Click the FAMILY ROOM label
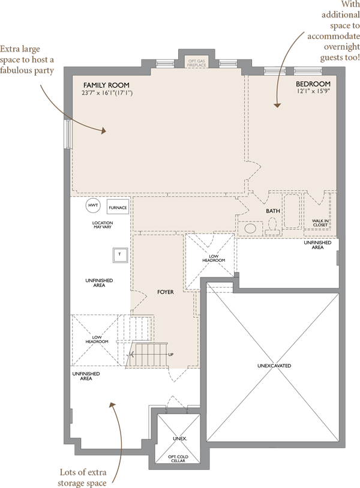(106, 85)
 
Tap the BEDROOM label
(313, 83)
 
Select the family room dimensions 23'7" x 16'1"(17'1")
(107, 93)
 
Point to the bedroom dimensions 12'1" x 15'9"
(313, 91)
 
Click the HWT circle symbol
(93, 205)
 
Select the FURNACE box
(118, 208)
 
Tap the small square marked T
(120, 255)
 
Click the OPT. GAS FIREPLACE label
(197, 63)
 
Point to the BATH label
(273, 211)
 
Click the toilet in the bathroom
(272, 226)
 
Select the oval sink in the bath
(250, 229)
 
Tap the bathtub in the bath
(292, 212)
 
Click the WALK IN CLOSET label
(320, 223)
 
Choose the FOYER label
(166, 292)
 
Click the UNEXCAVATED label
(274, 366)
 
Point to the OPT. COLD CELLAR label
(178, 459)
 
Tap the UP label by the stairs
(171, 355)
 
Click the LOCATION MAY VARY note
(103, 224)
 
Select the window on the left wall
(67, 134)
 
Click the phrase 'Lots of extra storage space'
(83, 477)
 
